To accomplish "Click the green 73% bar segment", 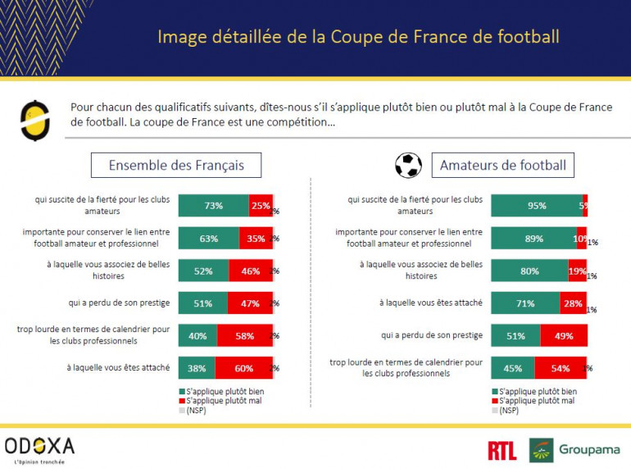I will click(213, 206).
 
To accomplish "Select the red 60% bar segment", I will click(243, 368).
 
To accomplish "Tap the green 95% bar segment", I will click(536, 206).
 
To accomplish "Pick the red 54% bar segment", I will click(561, 368).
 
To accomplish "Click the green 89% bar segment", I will click(533, 239).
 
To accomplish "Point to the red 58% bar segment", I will click(244, 336).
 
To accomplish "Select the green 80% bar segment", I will click(529, 271).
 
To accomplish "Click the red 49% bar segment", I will click(564, 335).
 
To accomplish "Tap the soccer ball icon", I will click(408, 166).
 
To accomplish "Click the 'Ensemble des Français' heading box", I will click(176, 166).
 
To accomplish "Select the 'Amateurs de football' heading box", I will click(502, 166).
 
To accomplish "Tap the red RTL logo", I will click(502, 450).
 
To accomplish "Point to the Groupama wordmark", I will click(589, 449).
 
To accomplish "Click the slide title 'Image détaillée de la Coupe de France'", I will click(358, 37).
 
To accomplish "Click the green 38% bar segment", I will click(197, 368).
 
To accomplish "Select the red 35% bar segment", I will click(255, 239).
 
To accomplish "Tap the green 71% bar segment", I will click(525, 303).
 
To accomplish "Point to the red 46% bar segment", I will click(250, 271).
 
